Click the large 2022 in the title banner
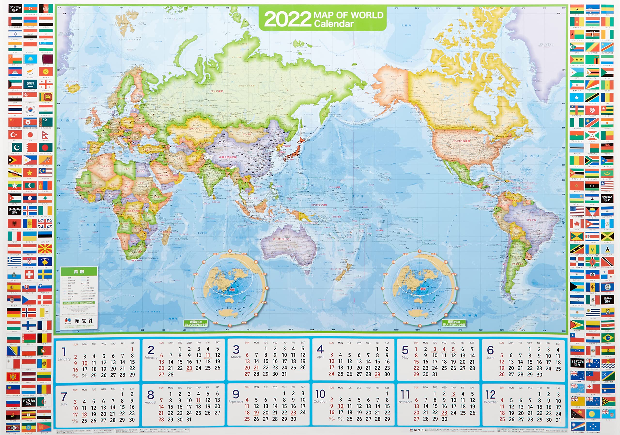(x=287, y=19)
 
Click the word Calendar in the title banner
(x=334, y=24)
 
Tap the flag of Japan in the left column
(x=30, y=135)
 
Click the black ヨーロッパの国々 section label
(x=15, y=211)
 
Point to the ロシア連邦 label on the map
(x=217, y=91)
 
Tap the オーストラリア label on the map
(x=281, y=239)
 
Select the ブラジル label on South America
(x=531, y=220)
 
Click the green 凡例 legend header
(x=79, y=272)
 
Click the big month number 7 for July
(x=64, y=397)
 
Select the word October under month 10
(x=320, y=402)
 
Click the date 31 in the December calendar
(x=558, y=420)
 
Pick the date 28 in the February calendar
(x=171, y=374)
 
